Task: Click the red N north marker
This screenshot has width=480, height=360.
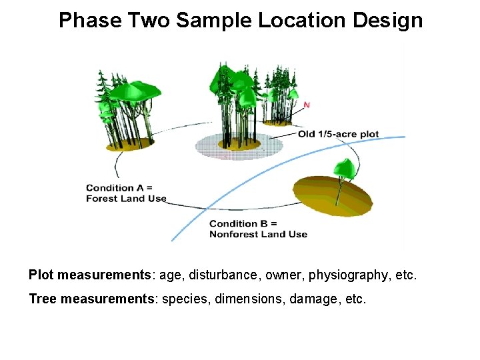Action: [307, 105]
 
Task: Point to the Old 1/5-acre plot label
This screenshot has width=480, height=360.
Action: [338, 134]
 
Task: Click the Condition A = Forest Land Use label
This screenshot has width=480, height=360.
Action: [126, 193]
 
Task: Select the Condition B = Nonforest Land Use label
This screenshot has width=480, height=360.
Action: [258, 229]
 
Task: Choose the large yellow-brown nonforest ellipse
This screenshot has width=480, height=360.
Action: [333, 195]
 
